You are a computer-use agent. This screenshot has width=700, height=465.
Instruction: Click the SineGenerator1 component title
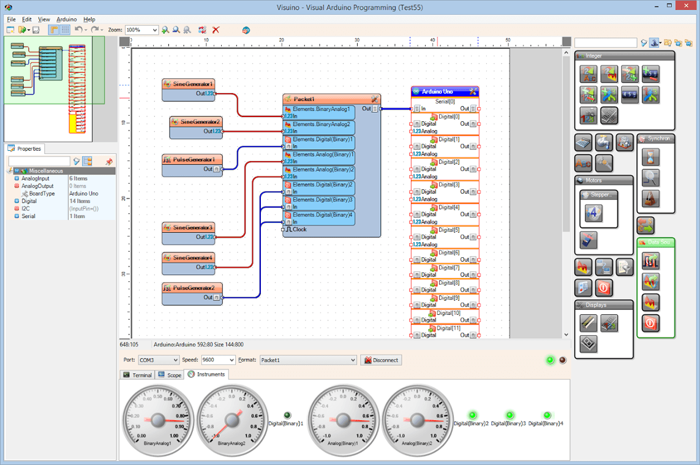coord(192,84)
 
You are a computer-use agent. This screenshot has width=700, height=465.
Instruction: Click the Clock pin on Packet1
coord(299,230)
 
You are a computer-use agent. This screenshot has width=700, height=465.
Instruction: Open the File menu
coord(12,20)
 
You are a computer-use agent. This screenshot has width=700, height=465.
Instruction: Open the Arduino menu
coord(67,20)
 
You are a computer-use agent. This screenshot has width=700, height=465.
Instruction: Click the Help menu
coord(89,20)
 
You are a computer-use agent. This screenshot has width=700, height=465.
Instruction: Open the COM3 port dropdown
coord(158,360)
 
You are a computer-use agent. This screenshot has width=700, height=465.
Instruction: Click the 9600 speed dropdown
coord(217,360)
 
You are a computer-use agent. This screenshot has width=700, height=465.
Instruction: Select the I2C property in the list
coord(26,208)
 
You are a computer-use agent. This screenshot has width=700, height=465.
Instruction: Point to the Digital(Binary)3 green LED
coord(510,415)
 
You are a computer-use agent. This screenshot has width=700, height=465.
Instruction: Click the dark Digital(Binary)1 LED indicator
coord(288,415)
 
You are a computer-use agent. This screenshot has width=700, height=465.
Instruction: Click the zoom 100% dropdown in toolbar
coord(141,30)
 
